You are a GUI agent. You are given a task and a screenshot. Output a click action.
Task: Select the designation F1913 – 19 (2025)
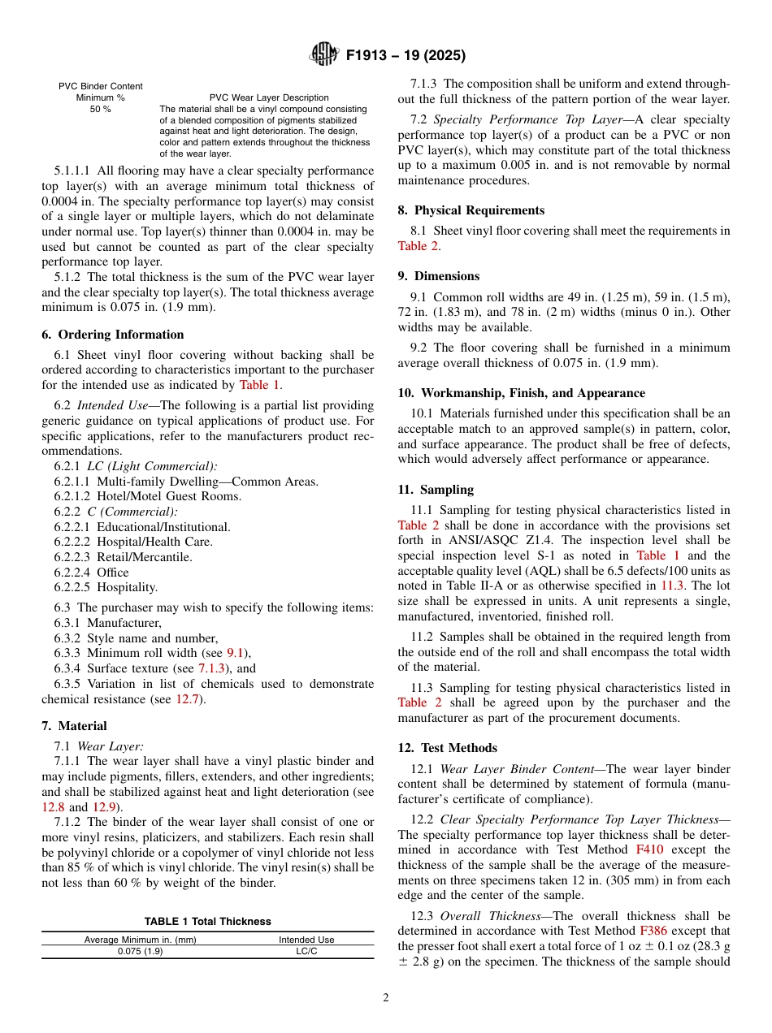[406, 56]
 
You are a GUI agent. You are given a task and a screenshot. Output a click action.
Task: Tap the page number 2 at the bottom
[386, 998]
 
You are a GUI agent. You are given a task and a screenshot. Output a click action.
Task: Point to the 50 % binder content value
[100, 109]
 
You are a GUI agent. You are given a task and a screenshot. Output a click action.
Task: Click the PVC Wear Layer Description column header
[269, 97]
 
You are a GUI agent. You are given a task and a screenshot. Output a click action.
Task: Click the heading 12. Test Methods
[447, 748]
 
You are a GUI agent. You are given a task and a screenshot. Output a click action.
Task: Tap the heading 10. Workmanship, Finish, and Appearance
[521, 393]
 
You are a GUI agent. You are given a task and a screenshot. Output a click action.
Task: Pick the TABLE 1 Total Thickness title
[207, 922]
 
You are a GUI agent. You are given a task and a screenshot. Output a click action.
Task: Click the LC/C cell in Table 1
[306, 952]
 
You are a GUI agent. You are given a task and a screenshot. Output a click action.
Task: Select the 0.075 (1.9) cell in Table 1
[140, 952]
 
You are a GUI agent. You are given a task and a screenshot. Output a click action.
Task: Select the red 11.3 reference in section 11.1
[672, 586]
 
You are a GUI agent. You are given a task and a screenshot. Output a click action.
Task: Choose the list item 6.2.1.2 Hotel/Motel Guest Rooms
[147, 496]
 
